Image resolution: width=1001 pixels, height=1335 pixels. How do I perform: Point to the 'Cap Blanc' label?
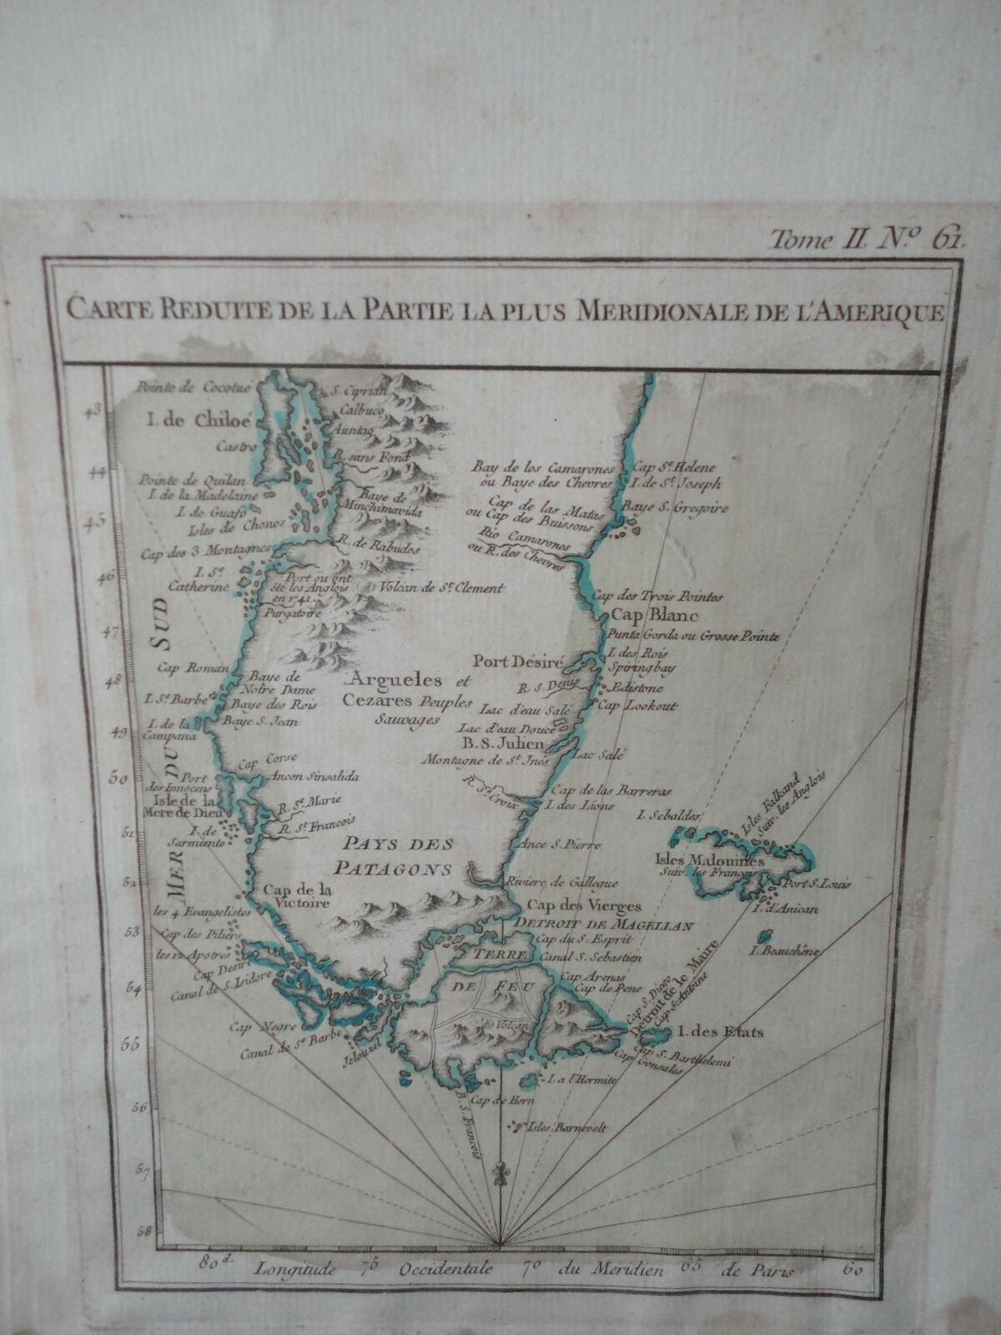pyautogui.click(x=648, y=615)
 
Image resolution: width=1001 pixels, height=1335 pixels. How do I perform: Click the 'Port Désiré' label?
pyautogui.click(x=519, y=662)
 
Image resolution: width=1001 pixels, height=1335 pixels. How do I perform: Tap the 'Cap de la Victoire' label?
pyautogui.click(x=297, y=894)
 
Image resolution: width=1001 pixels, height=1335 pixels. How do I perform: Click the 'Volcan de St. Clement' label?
pyautogui.click(x=442, y=588)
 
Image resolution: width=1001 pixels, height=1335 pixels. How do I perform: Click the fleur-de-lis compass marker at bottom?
pyautogui.click(x=499, y=1171)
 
